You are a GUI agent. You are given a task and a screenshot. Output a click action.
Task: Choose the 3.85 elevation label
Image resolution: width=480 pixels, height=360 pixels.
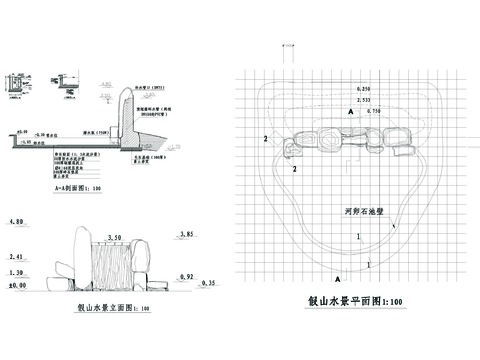(x=184, y=234)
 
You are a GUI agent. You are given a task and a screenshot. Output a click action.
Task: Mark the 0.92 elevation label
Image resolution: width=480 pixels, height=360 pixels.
(x=184, y=274)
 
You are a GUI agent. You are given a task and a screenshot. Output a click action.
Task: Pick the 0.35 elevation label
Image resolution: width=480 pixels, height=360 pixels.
(x=207, y=285)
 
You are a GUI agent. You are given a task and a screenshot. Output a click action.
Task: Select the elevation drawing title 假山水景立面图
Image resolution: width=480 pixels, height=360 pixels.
(x=113, y=309)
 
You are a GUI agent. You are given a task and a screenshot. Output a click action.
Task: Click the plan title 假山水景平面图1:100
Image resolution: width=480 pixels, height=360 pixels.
(x=356, y=301)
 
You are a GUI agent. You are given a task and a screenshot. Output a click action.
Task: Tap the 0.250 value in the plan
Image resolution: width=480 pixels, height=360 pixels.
(x=362, y=91)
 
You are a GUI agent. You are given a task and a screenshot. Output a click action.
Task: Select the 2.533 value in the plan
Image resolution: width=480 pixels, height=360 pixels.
(x=362, y=101)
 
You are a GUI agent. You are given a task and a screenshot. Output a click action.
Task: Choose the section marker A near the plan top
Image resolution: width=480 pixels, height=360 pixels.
(x=350, y=114)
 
